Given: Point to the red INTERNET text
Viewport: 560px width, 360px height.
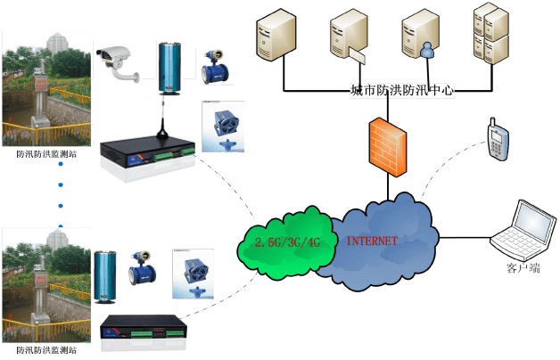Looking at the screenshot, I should tap(372, 241).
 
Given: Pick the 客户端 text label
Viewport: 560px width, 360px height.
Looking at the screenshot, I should tap(523, 267).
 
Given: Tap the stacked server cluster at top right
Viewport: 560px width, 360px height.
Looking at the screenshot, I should tap(490, 36).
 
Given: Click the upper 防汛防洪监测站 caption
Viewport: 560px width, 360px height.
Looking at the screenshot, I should tap(46, 153).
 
